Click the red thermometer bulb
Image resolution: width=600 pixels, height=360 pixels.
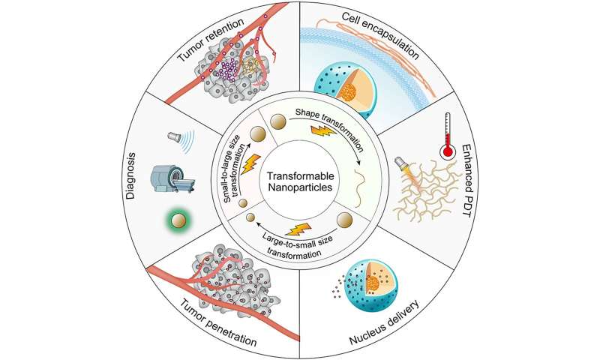(448, 153)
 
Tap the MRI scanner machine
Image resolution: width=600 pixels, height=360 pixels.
(174, 179)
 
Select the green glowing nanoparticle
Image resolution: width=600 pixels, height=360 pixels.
(178, 220)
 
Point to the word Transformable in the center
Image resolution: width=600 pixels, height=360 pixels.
(301, 176)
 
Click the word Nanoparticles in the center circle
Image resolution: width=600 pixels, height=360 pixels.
(301, 187)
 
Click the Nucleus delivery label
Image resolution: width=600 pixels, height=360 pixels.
(385, 322)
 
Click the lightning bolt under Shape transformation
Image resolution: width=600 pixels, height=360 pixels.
(324, 131)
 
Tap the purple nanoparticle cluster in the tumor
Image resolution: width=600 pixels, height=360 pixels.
(229, 71)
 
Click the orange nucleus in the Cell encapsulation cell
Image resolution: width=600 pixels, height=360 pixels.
(348, 92)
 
